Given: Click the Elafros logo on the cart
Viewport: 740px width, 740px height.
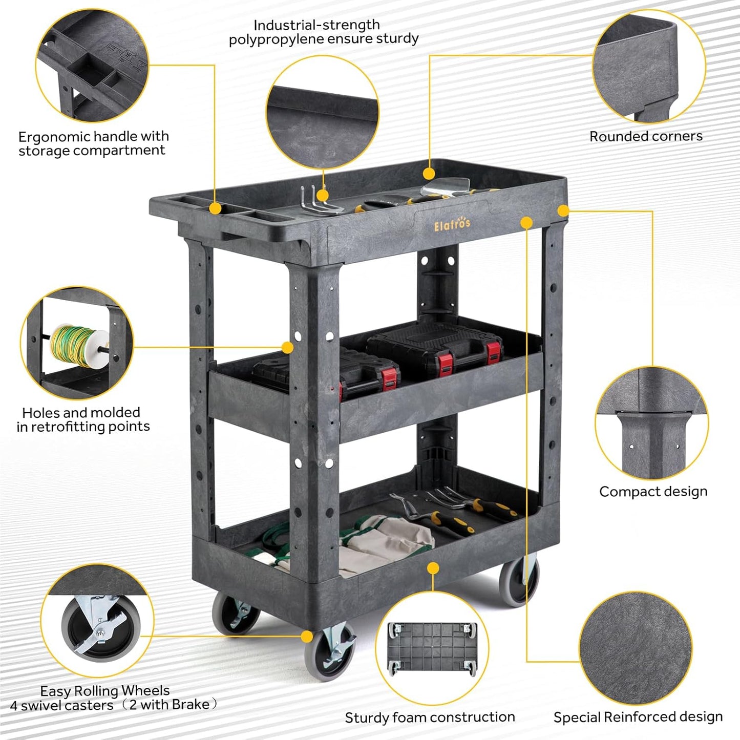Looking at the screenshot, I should click(x=452, y=224).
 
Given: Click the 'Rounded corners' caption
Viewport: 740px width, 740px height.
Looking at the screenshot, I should click(x=646, y=136).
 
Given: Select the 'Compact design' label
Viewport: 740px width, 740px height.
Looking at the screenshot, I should click(x=653, y=492).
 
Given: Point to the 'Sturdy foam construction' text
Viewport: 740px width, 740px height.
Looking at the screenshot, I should click(x=430, y=717).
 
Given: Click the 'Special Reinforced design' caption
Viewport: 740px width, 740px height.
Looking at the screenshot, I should click(x=638, y=717).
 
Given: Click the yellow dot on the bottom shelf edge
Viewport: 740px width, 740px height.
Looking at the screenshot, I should click(x=433, y=568).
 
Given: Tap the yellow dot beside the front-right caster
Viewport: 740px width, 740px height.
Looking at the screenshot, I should click(x=307, y=636).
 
